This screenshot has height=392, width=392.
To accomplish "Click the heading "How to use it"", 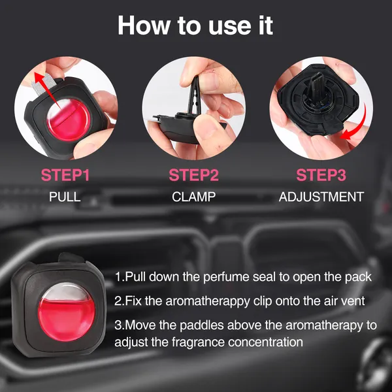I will [195, 25].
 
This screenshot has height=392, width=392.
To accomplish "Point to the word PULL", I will [65, 197].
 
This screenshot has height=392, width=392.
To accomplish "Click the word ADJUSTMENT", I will [320, 197].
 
